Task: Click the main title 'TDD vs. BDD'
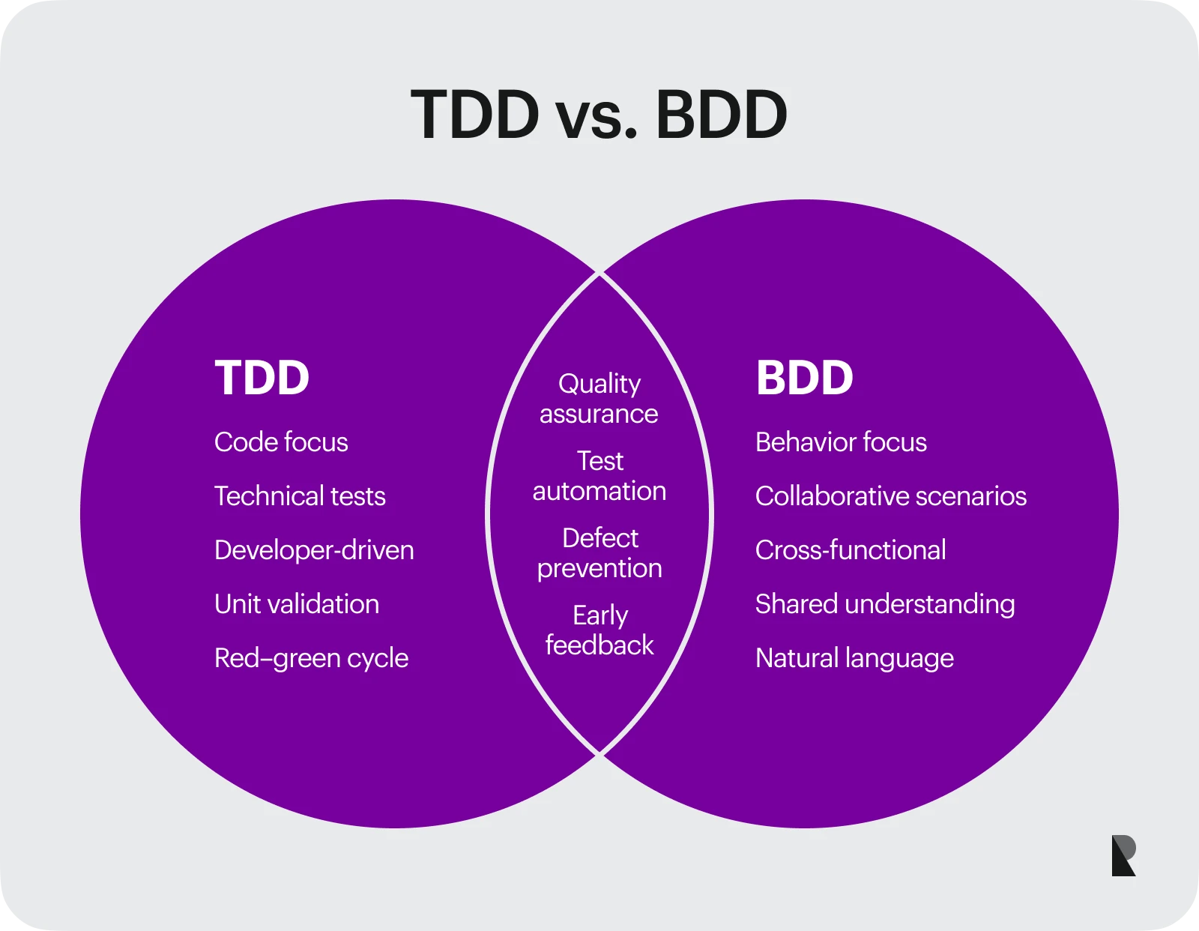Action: click(x=599, y=115)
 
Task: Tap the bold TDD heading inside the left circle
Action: click(x=262, y=378)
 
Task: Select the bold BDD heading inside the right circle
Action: click(x=804, y=378)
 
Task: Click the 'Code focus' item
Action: click(x=281, y=442)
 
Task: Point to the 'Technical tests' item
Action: click(x=300, y=496)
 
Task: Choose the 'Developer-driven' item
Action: click(x=314, y=550)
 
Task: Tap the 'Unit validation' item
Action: click(x=297, y=604)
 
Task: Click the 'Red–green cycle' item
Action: click(x=311, y=658)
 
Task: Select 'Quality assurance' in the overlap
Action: click(x=599, y=399)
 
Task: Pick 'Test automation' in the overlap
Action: click(x=599, y=476)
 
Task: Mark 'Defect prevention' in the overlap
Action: click(x=599, y=553)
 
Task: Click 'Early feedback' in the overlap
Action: click(x=599, y=630)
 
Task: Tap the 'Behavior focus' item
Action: click(x=841, y=442)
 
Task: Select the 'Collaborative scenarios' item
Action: click(x=891, y=496)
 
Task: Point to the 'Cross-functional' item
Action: click(x=851, y=550)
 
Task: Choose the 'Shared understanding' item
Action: click(x=885, y=604)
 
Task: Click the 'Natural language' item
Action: click(x=854, y=658)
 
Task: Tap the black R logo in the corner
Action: click(x=1123, y=855)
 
